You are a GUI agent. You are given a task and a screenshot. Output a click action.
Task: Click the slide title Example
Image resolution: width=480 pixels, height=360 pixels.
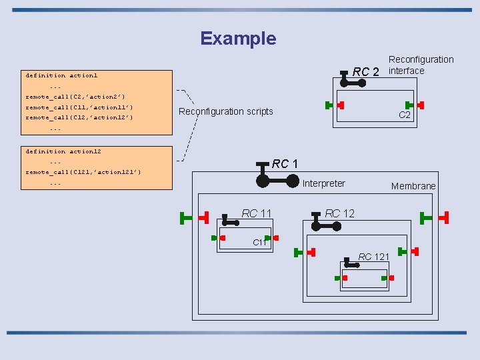238,39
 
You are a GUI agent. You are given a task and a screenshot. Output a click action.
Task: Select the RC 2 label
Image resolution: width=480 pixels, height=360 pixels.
365,72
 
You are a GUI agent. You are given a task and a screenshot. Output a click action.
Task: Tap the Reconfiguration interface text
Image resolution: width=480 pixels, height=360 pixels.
421,65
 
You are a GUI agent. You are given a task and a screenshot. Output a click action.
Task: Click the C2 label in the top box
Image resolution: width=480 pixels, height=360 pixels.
405,115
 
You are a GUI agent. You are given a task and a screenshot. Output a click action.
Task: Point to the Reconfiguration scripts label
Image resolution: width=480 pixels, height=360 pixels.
225,111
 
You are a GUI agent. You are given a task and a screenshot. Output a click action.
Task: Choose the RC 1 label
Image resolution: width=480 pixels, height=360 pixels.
285,164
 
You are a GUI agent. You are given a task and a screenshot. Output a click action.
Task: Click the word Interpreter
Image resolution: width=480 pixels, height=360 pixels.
324,183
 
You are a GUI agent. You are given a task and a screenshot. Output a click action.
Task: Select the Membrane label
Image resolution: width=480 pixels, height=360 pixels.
413,186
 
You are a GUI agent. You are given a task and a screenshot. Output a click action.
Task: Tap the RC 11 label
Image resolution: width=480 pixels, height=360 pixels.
257,213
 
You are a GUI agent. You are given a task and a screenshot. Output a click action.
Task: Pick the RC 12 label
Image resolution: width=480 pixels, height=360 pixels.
340,213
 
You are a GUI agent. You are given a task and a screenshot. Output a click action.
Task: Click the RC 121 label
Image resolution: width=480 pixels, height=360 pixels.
374,257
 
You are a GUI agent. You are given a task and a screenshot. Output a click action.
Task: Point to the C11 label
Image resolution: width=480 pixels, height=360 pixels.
260,243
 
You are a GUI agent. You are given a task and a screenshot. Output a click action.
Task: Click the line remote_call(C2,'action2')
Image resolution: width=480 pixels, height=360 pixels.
75,97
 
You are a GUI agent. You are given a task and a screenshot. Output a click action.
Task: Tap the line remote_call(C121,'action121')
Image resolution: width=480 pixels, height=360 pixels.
83,172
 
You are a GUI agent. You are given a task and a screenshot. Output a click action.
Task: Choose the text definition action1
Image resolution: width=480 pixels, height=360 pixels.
61,75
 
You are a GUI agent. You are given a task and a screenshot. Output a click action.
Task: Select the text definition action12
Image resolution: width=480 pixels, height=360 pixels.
63,151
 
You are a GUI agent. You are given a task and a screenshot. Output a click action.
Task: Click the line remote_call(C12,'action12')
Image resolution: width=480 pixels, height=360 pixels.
79,117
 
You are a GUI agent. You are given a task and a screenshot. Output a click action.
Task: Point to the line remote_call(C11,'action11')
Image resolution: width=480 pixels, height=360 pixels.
79,107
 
